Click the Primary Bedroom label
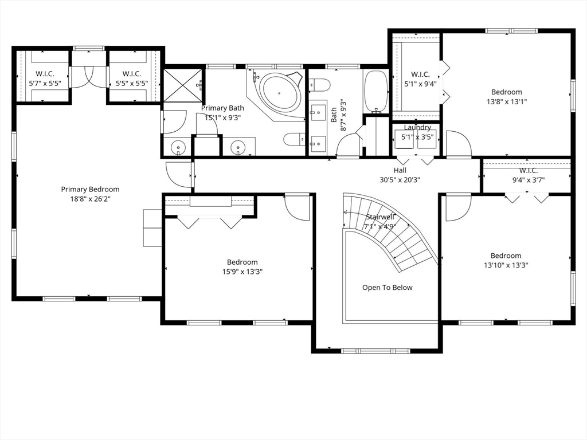[90, 189]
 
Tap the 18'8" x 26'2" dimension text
[90, 199]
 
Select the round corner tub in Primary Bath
[279, 93]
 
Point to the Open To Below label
[387, 288]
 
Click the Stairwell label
[380, 217]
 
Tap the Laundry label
[417, 128]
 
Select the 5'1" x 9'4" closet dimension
[420, 84]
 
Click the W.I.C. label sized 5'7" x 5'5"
[45, 74]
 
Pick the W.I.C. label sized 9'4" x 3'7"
[528, 171]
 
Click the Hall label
[400, 170]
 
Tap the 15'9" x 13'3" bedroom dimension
[242, 272]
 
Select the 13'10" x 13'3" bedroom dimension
[506, 265]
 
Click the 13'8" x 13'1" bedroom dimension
[507, 101]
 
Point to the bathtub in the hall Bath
[376, 91]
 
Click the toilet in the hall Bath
[319, 85]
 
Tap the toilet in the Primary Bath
[294, 140]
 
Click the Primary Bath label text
[222, 108]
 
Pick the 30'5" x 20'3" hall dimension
[400, 179]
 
